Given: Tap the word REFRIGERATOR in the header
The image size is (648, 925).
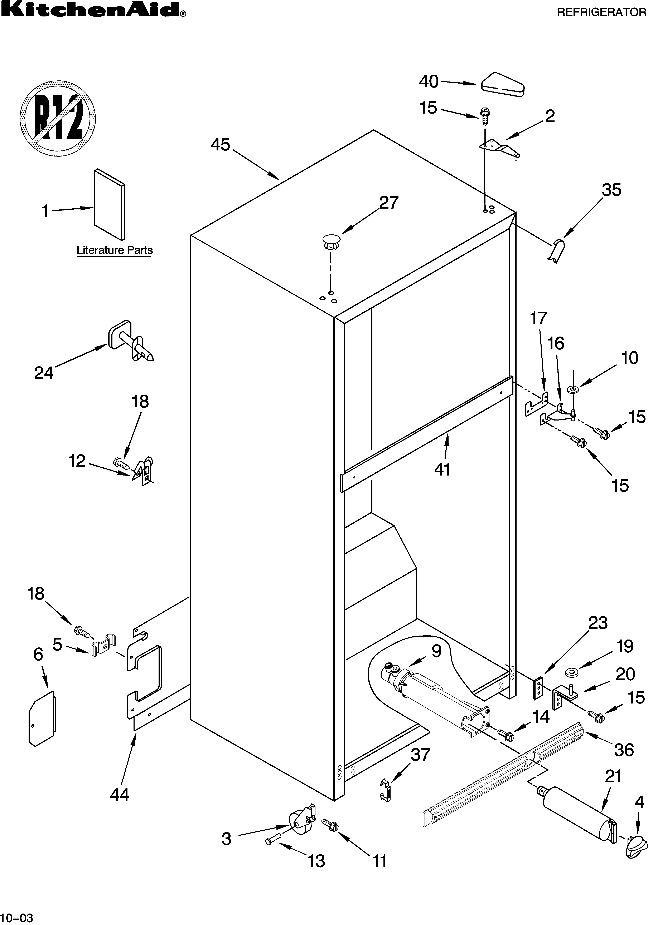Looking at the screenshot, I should pos(602,13).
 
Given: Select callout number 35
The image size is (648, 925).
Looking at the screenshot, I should pos(611,190).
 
